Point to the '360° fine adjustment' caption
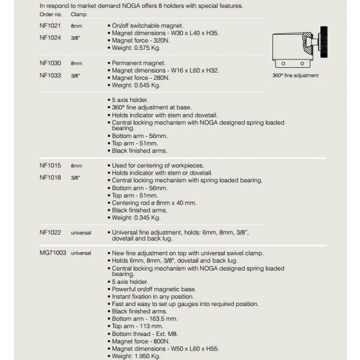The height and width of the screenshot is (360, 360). click(x=295, y=76)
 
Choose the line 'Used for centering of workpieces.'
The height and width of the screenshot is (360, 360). click(x=158, y=165)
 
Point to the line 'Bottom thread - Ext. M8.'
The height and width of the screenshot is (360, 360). click(x=145, y=334)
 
